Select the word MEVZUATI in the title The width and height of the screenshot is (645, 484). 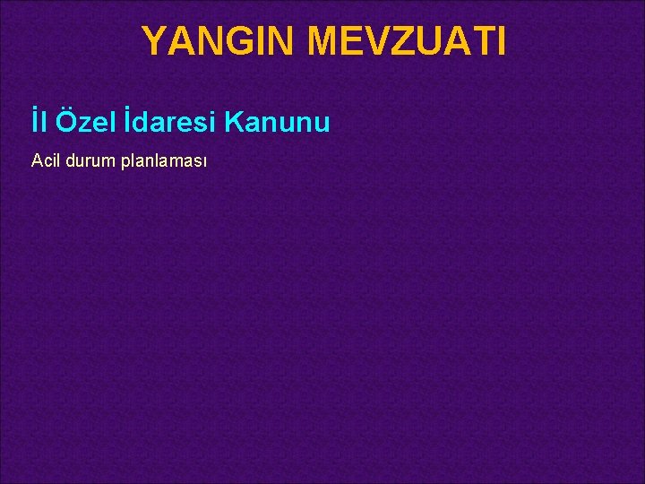pyautogui.click(x=408, y=41)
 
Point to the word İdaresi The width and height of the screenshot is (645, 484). pyautogui.click(x=171, y=122)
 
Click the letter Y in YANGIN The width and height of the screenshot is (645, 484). pyautogui.click(x=153, y=41)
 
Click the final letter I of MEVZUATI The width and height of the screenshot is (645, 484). pyautogui.click(x=501, y=41)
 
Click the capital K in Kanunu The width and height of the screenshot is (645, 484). pyautogui.click(x=235, y=122)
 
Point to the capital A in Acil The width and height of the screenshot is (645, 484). pyautogui.click(x=36, y=161)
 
